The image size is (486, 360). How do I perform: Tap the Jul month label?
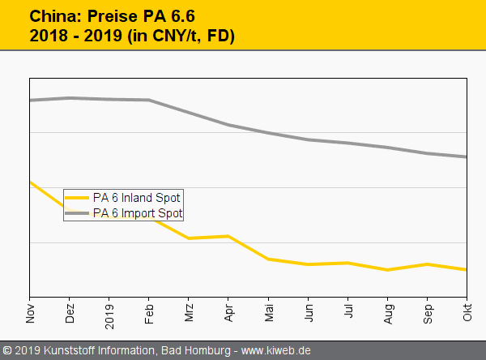tap(348, 312)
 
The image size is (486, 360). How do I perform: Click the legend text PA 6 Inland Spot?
tap(137, 197)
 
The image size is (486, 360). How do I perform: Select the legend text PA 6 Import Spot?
tap(138, 213)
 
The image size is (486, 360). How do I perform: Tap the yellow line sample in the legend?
tap(77, 197)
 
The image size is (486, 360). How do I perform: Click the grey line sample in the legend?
tap(77, 213)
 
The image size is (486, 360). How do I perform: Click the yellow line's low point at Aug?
tap(388, 270)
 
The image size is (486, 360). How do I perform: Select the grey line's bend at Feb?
tap(150, 100)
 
